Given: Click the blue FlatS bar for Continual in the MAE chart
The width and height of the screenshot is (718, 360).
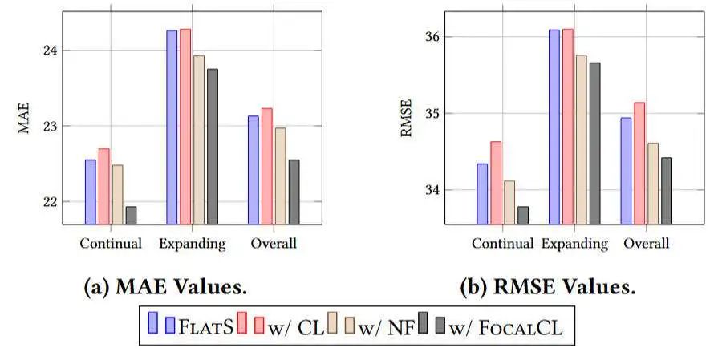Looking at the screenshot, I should click(91, 192).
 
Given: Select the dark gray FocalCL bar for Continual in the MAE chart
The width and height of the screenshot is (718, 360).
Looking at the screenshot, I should click(131, 215).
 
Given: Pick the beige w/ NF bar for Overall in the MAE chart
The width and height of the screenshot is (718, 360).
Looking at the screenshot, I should click(280, 176).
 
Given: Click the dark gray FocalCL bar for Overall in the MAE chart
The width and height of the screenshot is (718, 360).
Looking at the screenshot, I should click(294, 192).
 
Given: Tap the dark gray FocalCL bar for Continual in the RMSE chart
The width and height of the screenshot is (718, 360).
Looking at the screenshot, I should click(523, 215).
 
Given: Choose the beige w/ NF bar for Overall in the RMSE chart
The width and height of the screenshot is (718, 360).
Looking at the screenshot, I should click(652, 184).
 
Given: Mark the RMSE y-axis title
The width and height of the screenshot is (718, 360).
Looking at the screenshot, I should click(406, 124).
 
